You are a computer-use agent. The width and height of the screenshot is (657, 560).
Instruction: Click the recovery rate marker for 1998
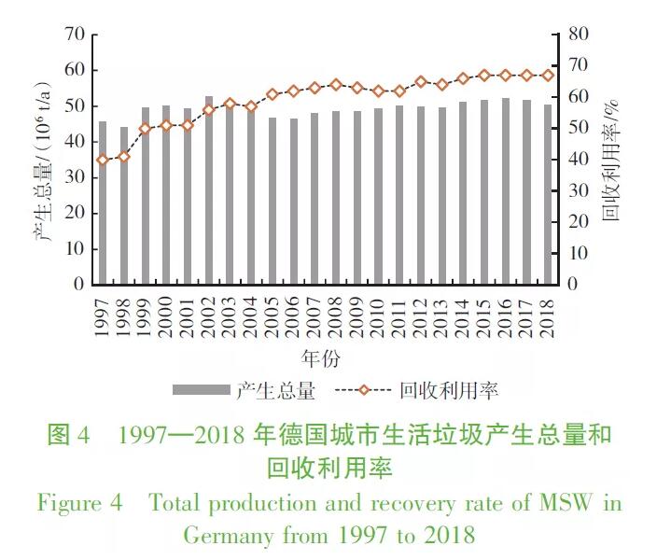[x=124, y=156]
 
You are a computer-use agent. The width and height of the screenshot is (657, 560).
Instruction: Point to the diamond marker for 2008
[x=336, y=85]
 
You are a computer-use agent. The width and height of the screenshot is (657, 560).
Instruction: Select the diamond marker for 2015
[x=484, y=75]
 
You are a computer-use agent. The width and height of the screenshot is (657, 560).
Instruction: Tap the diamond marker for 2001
[x=188, y=124]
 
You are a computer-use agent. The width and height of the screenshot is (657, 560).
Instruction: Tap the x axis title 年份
[x=319, y=358]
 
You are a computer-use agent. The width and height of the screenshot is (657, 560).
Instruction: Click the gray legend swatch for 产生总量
[x=200, y=389]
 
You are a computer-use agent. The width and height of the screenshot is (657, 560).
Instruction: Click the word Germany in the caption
[x=226, y=536]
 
